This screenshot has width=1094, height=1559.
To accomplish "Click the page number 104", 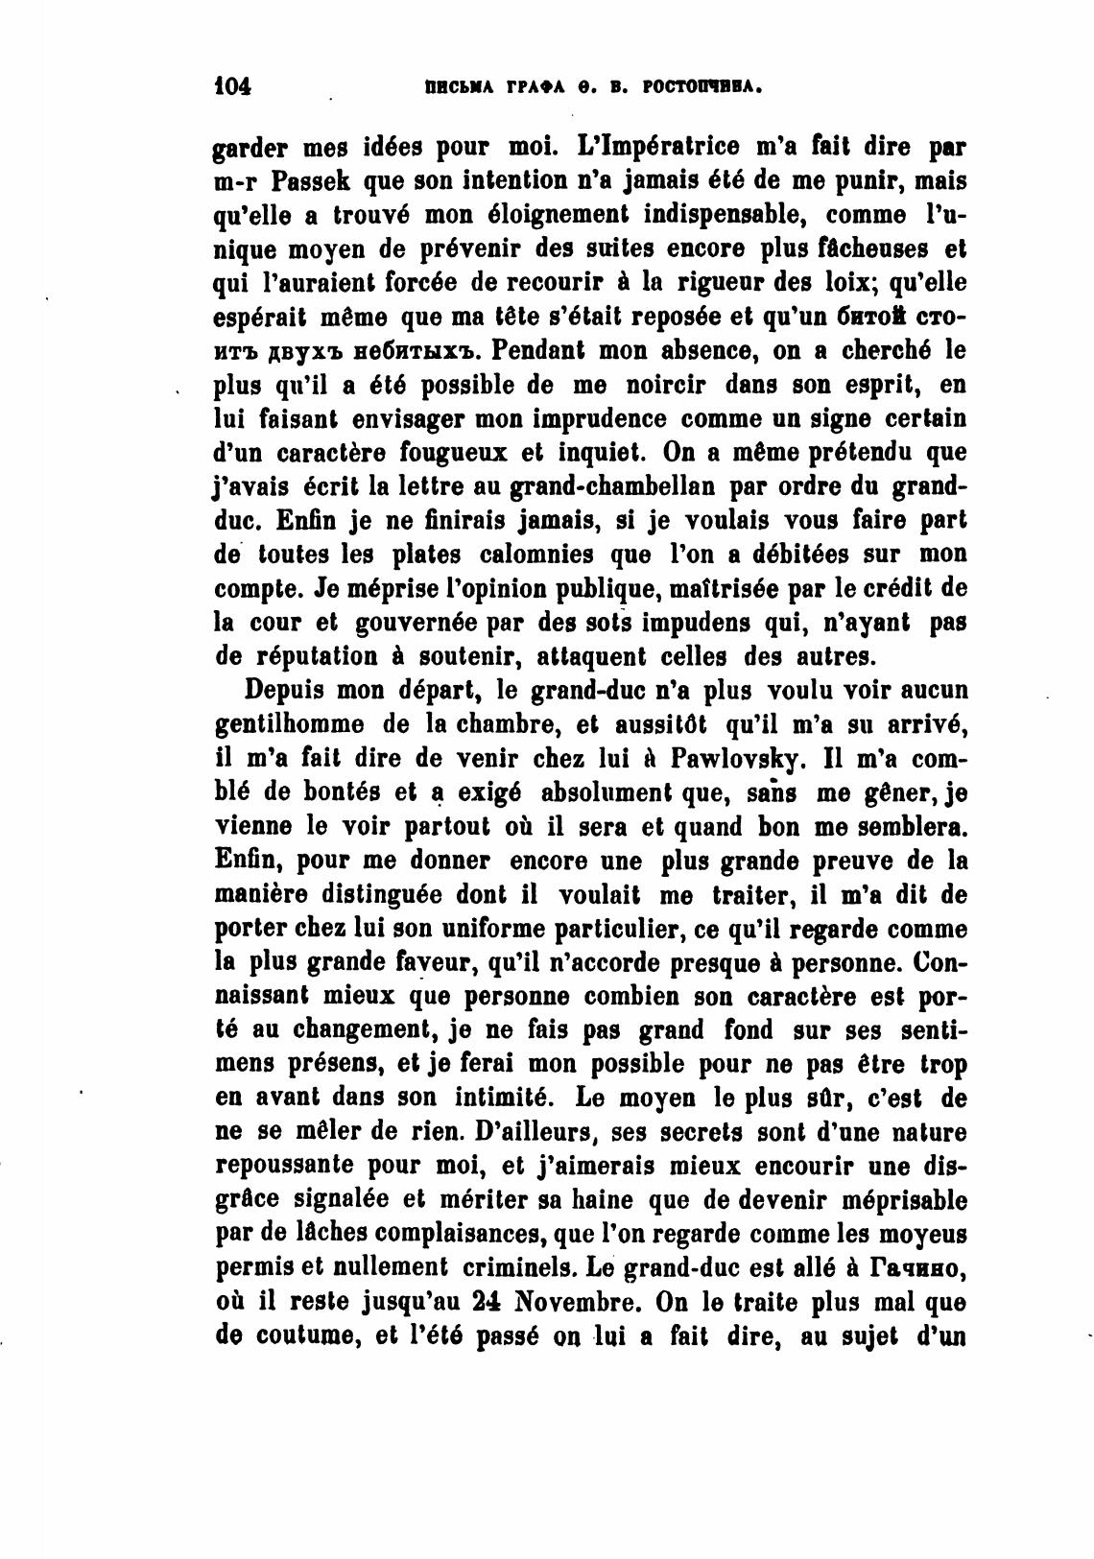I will pyautogui.click(x=231, y=86).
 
